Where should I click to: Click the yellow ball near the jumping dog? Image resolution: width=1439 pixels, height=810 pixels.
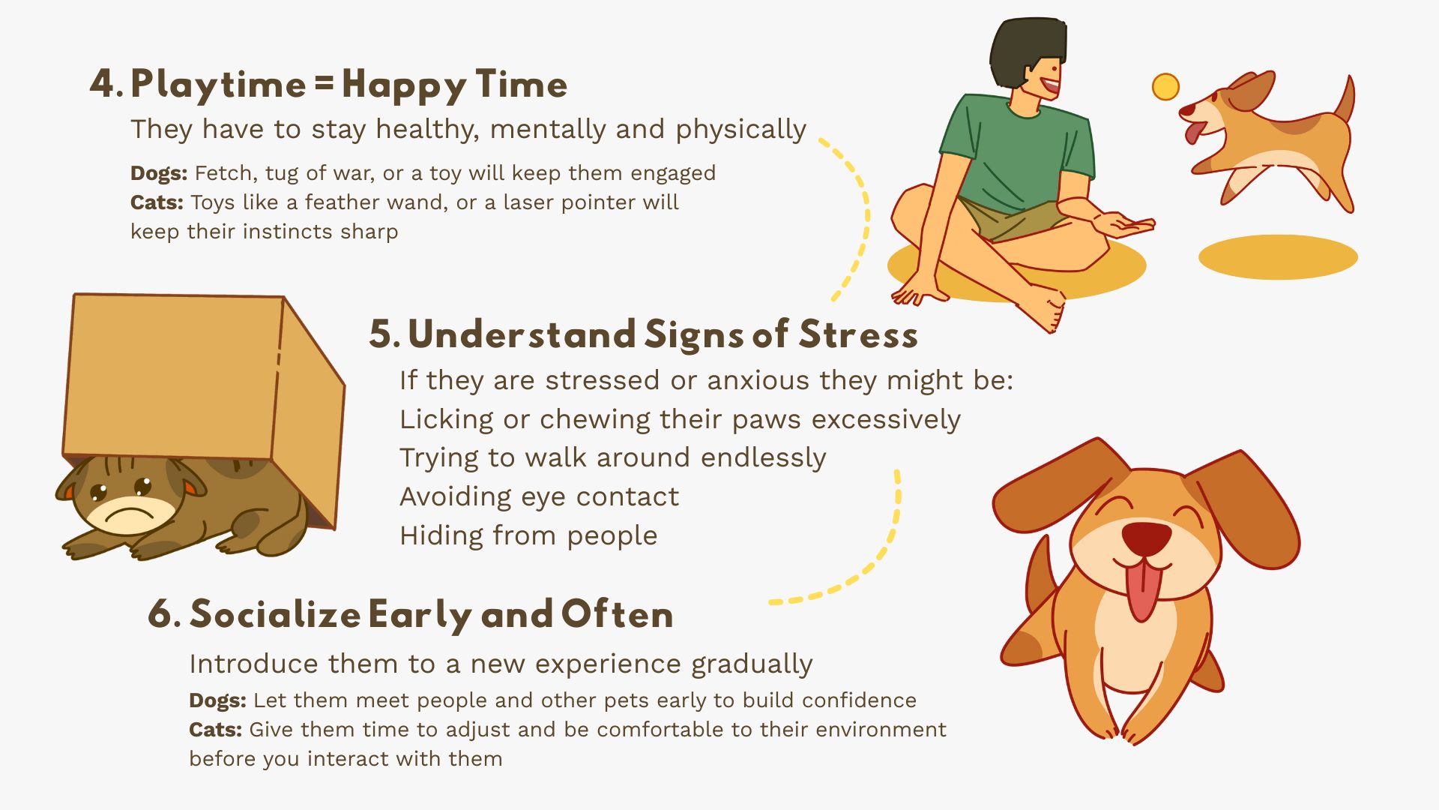point(1165,86)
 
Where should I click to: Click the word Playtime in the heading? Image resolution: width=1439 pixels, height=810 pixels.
point(218,85)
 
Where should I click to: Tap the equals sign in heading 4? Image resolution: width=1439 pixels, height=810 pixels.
point(324,83)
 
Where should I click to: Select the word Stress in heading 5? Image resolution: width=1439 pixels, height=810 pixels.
point(858,334)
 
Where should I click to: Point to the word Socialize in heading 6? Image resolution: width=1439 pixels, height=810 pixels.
point(275,615)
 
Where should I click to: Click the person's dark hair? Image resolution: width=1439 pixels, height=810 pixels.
point(1027,52)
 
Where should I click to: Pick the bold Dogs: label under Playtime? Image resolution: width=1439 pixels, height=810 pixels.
point(159,173)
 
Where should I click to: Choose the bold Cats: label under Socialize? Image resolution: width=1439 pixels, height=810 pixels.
point(215,730)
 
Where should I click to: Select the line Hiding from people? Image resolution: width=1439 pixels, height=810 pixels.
point(528,535)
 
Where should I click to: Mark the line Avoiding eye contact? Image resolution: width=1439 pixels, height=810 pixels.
point(539,496)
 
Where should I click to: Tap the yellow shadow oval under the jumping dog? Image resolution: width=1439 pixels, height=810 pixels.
point(1278,257)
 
